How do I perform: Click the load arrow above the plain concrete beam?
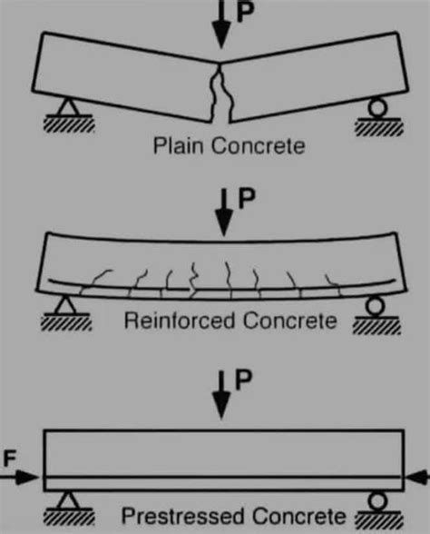coord(219,25)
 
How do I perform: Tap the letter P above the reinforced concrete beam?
coord(243,197)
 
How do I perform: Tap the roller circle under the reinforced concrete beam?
coord(372,307)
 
